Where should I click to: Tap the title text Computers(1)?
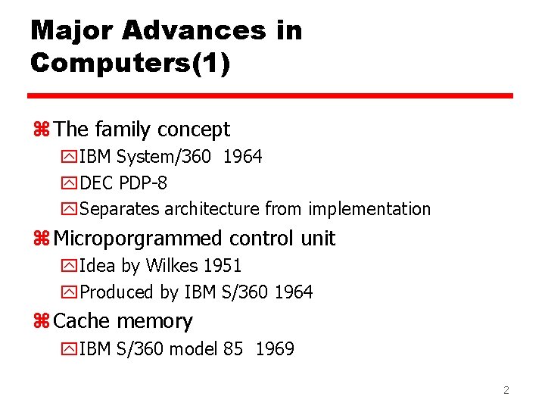pyautogui.click(x=130, y=63)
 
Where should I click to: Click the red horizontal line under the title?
pyautogui.click(x=270, y=96)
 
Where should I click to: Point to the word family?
pyautogui.click(x=123, y=130)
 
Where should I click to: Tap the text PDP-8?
pyautogui.click(x=144, y=183)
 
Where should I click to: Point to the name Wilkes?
pyautogui.click(x=173, y=266)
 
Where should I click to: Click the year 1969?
pyautogui.click(x=275, y=349)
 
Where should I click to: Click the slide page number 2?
pyautogui.click(x=506, y=391)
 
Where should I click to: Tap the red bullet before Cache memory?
pyautogui.click(x=42, y=322)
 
